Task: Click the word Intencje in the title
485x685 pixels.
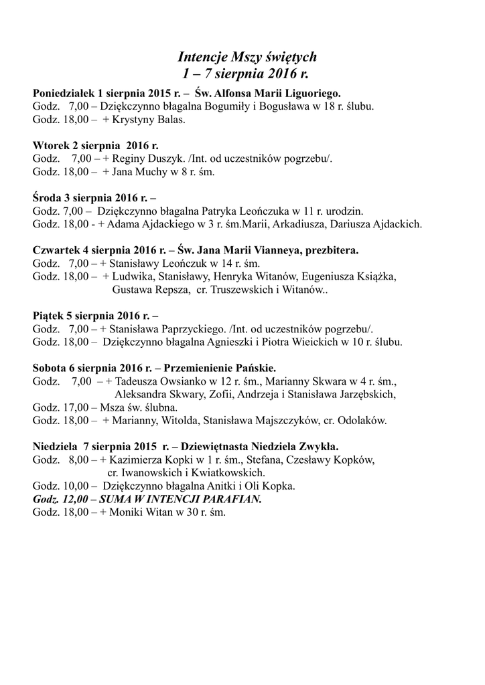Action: click(x=204, y=56)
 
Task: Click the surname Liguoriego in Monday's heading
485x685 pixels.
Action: click(x=310, y=93)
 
